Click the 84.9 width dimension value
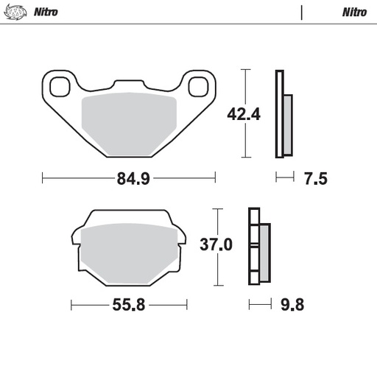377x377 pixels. (129, 178)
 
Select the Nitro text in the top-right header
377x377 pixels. (354, 13)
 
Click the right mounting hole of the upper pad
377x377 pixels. (197, 87)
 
